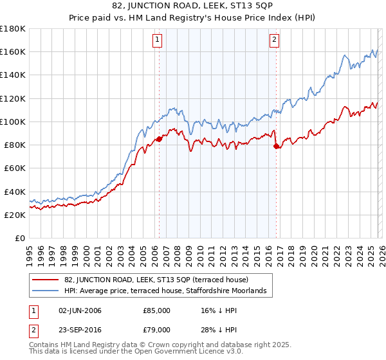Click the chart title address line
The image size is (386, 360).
[193, 7]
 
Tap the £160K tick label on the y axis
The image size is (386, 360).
[13, 51]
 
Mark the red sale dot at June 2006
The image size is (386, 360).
[159, 139]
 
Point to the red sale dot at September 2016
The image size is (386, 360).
[276, 146]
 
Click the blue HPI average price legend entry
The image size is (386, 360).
[169, 291]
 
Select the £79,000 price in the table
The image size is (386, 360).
[156, 328]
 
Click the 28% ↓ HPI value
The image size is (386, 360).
[221, 328]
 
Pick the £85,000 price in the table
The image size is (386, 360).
[156, 310]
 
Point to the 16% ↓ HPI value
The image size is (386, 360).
[221, 310]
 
